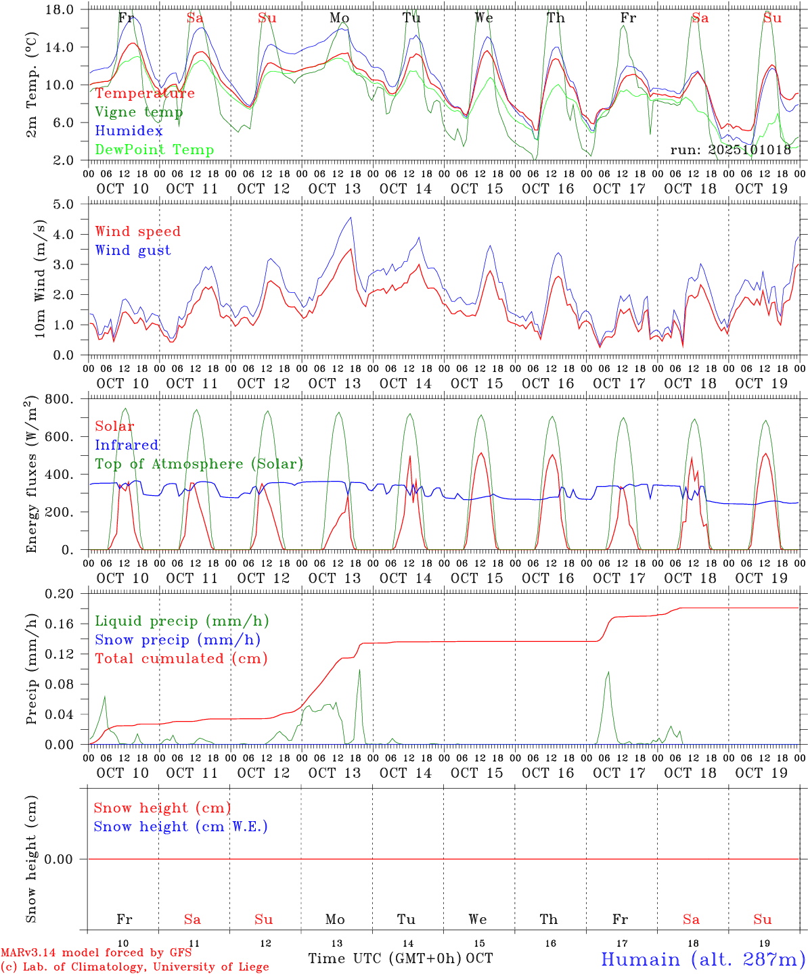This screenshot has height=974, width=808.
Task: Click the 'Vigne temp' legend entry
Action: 139,112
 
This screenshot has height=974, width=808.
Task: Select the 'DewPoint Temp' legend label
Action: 154,150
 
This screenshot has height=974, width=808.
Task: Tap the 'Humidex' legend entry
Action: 129,131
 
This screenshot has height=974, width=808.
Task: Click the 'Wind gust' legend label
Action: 133,250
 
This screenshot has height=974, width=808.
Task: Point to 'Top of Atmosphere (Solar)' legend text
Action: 199,464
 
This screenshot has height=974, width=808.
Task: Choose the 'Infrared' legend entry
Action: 127,445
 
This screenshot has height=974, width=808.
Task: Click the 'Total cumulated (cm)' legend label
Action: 181,659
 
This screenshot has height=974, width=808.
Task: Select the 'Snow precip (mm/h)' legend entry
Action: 177,640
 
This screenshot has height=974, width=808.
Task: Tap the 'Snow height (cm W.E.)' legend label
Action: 181,827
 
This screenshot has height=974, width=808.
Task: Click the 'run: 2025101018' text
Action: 730,150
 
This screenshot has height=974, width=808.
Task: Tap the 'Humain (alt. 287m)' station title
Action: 703,959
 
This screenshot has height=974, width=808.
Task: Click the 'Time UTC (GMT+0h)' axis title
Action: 384,958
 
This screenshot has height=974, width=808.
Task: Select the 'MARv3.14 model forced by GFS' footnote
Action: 96,953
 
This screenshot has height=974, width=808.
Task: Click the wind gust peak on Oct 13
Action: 351,217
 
